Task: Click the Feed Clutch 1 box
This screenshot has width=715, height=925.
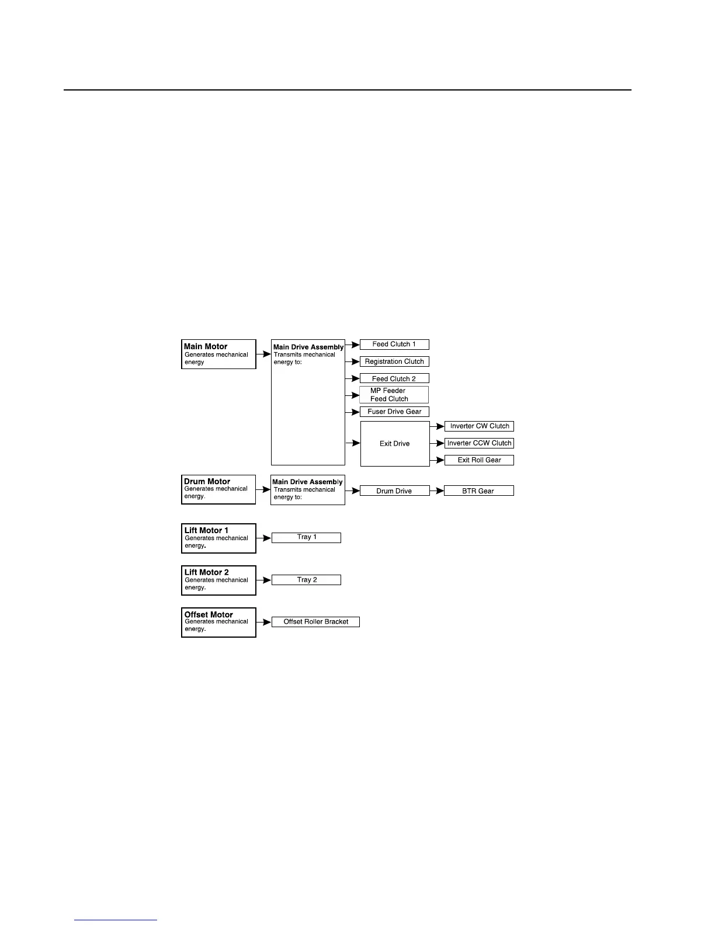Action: click(x=394, y=345)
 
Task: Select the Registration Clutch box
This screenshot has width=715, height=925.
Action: click(x=394, y=361)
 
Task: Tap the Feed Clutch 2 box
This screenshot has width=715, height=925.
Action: click(x=394, y=378)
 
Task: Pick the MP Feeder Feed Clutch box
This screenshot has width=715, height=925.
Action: click(x=394, y=395)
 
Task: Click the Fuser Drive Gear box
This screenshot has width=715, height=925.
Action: click(x=394, y=412)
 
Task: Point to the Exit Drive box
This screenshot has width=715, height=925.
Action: click(x=395, y=444)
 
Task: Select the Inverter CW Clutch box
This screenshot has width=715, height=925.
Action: click(x=479, y=426)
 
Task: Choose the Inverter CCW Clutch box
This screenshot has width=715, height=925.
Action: click(x=479, y=443)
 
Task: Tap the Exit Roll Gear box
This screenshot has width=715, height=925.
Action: click(x=479, y=460)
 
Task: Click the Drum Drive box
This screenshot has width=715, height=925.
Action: click(x=394, y=491)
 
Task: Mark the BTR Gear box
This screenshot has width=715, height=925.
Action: click(x=479, y=491)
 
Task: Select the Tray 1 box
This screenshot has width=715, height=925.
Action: click(x=306, y=537)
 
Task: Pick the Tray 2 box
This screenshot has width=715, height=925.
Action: click(x=306, y=580)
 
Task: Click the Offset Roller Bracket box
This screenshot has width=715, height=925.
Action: click(x=315, y=622)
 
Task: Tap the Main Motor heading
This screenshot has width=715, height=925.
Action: click(x=206, y=346)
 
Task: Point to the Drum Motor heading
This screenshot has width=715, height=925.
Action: click(x=207, y=482)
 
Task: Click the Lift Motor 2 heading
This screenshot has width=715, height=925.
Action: click(x=207, y=572)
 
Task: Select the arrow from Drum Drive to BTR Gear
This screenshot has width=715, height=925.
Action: click(x=437, y=491)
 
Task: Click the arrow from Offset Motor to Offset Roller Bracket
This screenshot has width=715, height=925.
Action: click(x=264, y=622)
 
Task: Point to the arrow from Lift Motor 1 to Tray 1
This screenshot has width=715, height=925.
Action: click(x=264, y=537)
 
